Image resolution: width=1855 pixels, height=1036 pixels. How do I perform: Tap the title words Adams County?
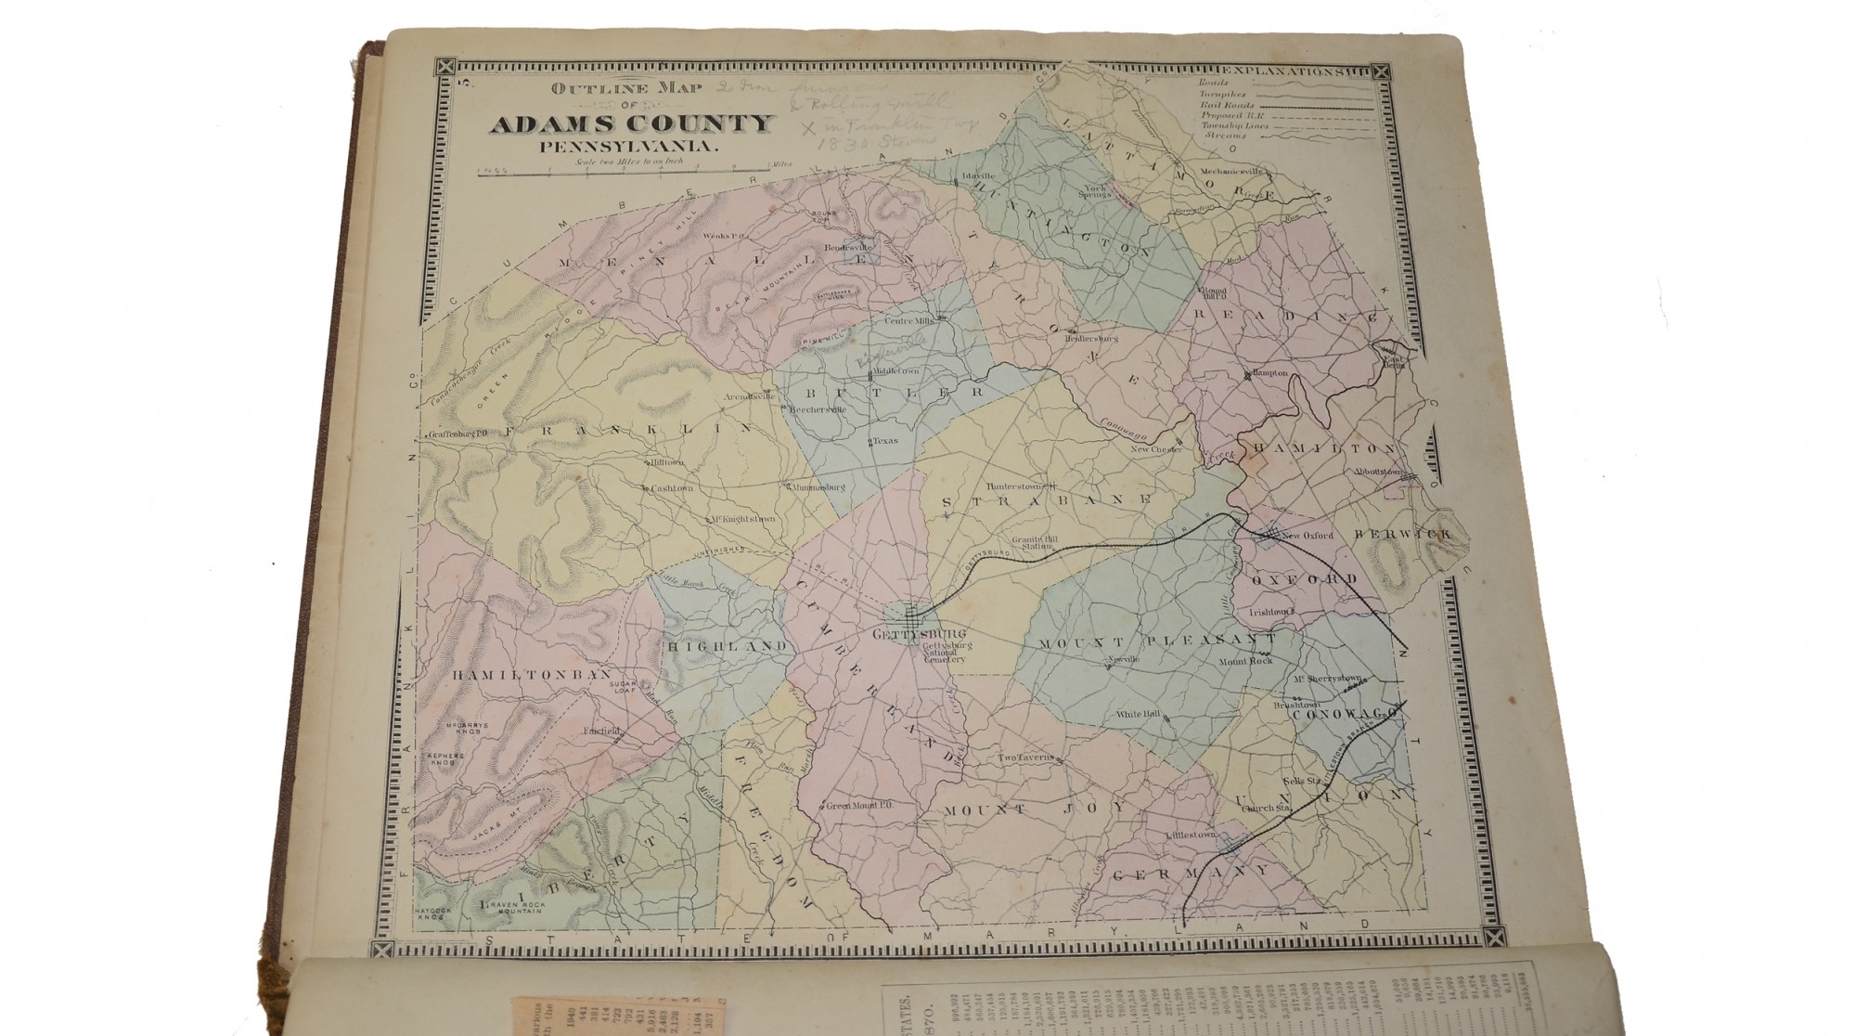(632, 124)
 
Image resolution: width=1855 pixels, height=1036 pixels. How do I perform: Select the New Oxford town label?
(1307, 536)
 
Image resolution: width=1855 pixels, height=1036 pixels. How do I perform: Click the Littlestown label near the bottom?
(1191, 835)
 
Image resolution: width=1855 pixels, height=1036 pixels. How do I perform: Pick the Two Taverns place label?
(1024, 758)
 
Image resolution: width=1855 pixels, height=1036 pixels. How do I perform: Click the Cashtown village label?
(672, 487)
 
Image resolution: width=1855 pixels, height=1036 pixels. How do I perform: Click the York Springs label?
(1098, 191)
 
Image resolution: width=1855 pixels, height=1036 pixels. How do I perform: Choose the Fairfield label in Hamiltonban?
(601, 732)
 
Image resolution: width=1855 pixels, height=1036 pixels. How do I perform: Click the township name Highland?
(727, 645)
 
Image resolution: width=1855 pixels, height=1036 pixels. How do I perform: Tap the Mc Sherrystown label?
(1329, 679)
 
